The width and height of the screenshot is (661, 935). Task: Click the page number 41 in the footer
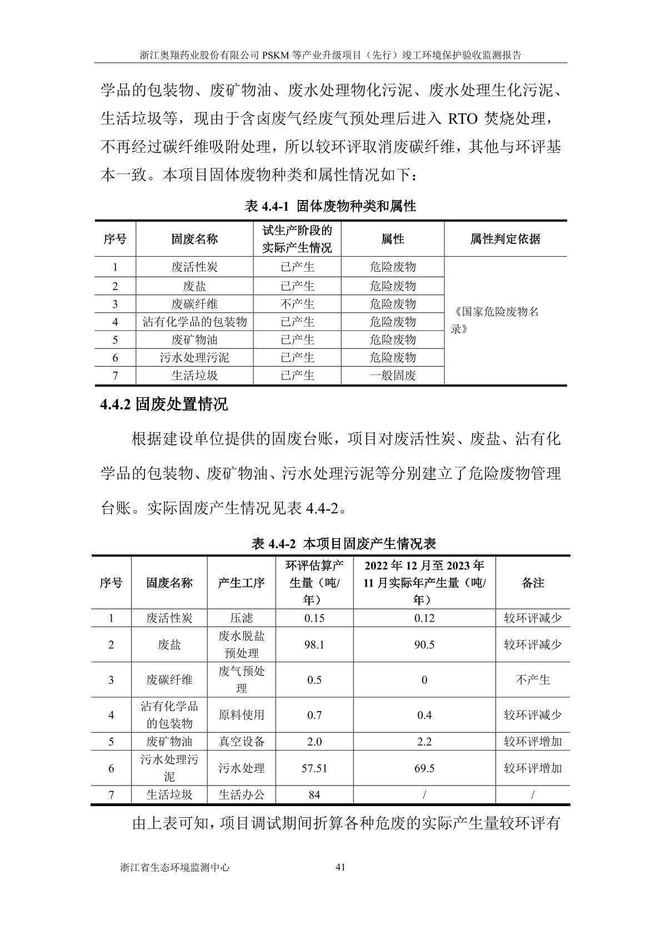[x=341, y=867]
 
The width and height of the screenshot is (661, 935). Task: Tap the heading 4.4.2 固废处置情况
[x=164, y=404]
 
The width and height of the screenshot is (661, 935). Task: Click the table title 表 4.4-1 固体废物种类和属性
[x=330, y=207]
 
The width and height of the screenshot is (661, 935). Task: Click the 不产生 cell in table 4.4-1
[x=297, y=304]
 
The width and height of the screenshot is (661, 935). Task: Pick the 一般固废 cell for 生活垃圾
[x=393, y=375]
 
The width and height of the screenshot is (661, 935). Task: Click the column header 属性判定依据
[x=505, y=239]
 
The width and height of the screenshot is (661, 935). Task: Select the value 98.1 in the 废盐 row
[x=314, y=644]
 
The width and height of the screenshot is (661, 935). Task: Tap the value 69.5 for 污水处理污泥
[x=424, y=768]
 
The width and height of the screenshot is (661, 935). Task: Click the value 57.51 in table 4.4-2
[x=314, y=768]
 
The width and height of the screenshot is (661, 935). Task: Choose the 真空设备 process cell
[x=242, y=741]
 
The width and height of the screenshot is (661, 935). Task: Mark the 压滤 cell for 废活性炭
[x=242, y=618]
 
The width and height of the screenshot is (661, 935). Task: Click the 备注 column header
[x=533, y=582]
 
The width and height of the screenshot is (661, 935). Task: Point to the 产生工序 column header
[x=242, y=582]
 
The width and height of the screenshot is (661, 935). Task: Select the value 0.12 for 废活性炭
[x=424, y=618]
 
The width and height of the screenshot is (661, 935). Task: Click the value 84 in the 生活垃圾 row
[x=314, y=794]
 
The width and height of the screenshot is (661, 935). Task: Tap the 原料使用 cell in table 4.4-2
[x=242, y=714]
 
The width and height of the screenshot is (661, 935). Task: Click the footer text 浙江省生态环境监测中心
[x=174, y=867]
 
